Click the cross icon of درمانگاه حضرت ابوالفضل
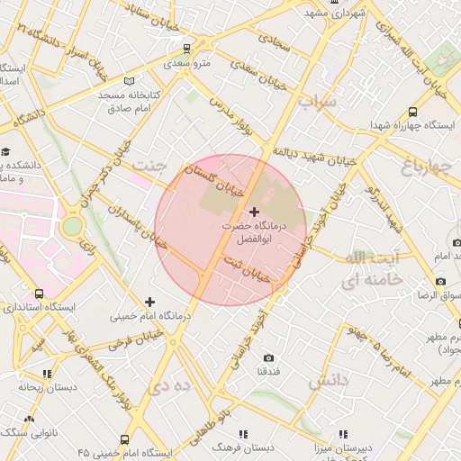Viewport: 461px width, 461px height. click(254, 212)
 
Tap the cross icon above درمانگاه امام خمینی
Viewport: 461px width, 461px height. click(149, 301)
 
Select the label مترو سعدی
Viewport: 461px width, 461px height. click(186, 64)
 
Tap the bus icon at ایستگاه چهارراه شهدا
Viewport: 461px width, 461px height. click(412, 113)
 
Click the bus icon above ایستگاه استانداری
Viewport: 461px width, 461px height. click(39, 294)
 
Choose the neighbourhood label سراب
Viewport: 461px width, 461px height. click(317, 102)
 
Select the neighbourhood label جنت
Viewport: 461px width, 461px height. click(149, 166)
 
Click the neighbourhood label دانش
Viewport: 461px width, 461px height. click(327, 382)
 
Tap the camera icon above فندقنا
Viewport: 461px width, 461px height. click(269, 357)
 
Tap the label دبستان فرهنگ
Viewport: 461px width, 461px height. click(242, 447)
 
